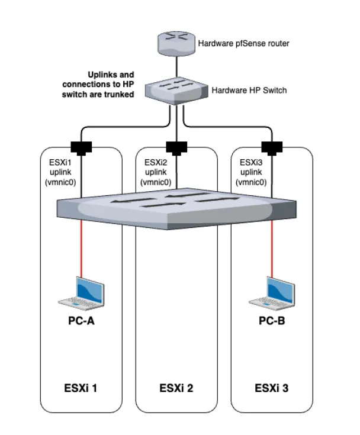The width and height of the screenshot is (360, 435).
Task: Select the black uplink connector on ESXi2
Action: (175, 146)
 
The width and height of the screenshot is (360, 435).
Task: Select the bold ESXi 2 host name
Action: (176, 389)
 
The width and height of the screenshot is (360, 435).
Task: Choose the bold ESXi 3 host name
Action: (271, 389)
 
